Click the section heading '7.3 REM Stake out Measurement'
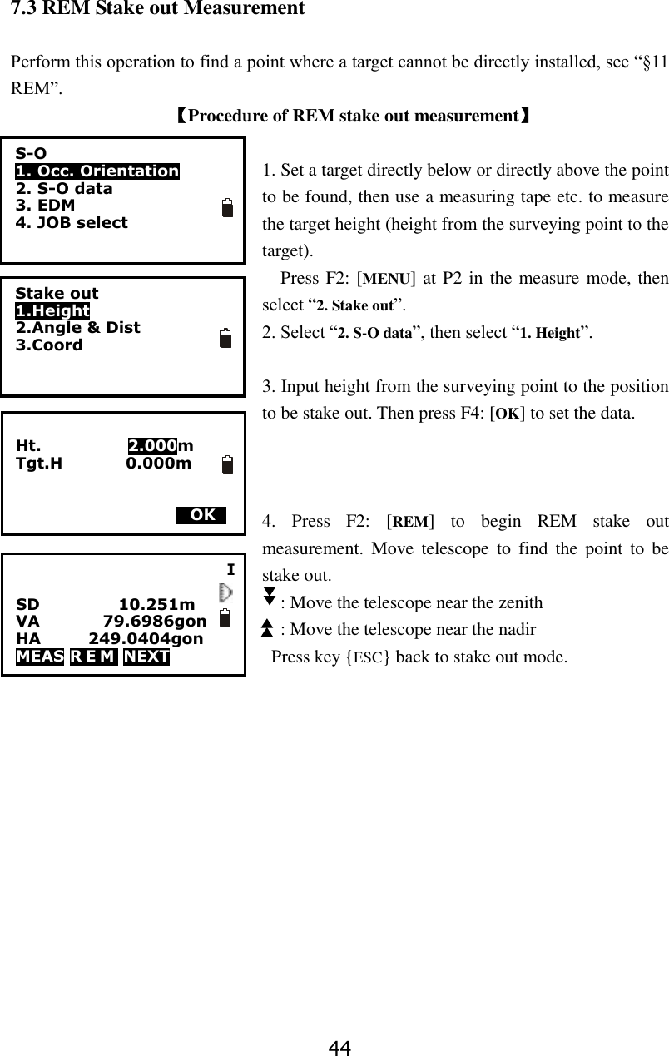157,9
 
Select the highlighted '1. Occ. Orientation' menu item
97,171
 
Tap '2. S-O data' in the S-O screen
64,188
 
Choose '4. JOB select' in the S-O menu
72,222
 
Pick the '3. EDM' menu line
45,205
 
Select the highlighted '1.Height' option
52,310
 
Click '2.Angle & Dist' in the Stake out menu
77,327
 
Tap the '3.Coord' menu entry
49,345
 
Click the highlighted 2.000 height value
152,445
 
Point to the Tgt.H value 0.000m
158,463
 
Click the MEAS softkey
40,657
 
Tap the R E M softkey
94,657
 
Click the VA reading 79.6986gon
155,622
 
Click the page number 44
339,1048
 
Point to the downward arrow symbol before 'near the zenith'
269,595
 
